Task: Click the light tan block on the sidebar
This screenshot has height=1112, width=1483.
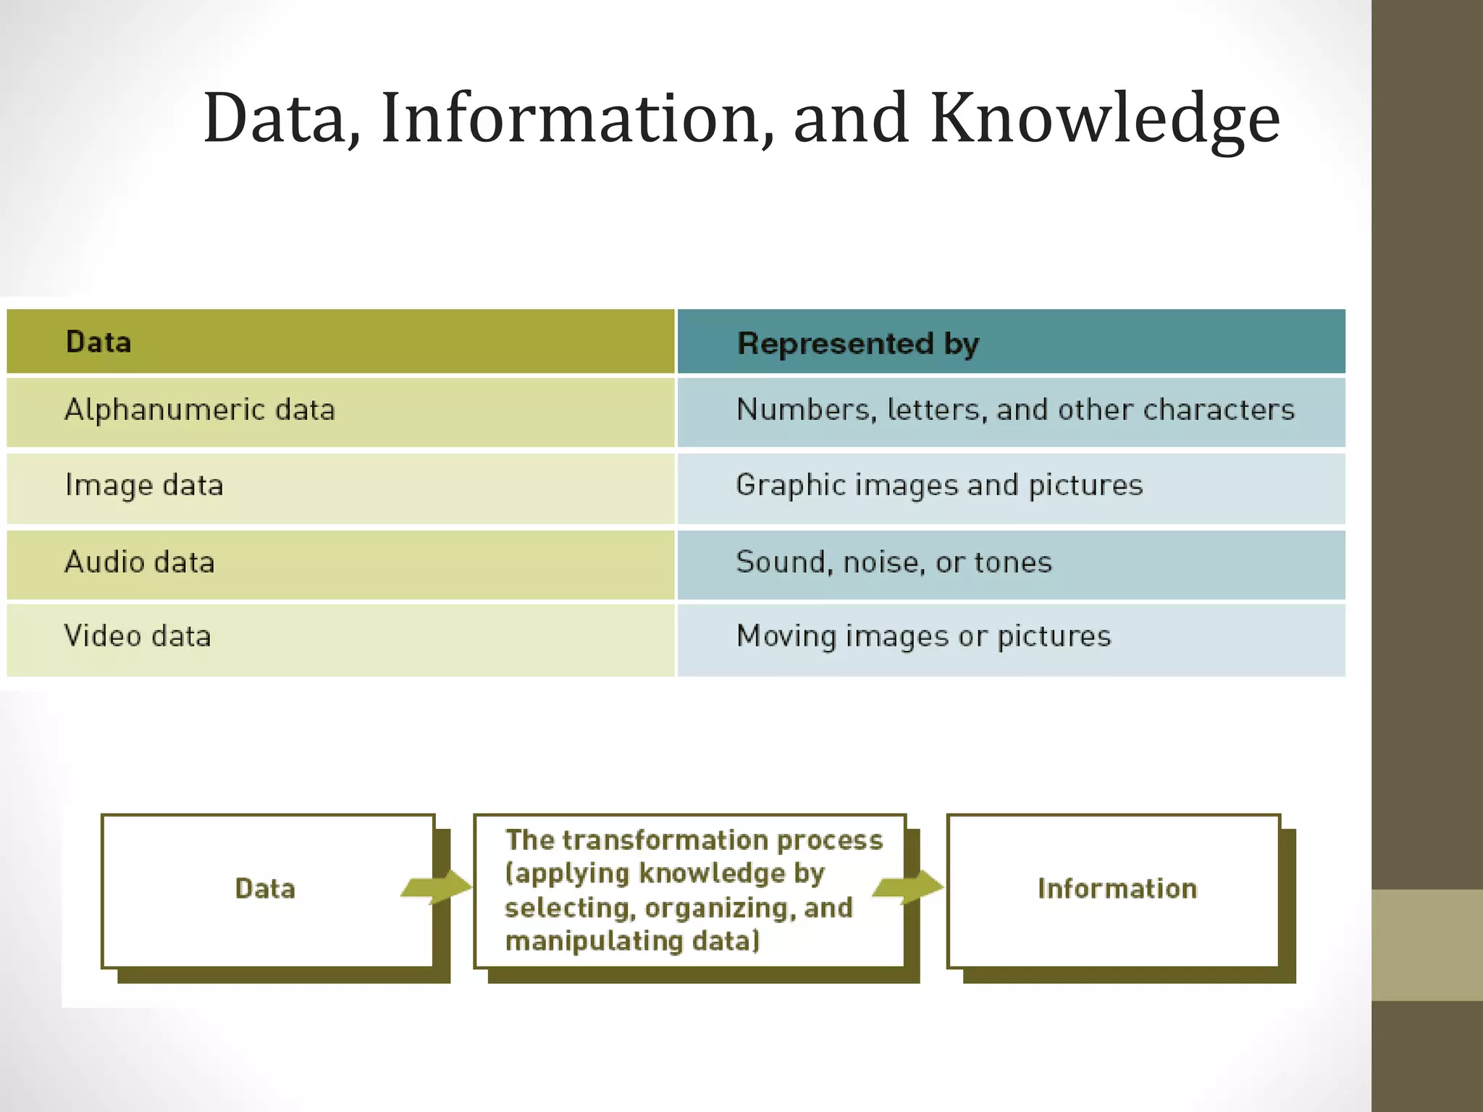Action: pyautogui.click(x=1427, y=945)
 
